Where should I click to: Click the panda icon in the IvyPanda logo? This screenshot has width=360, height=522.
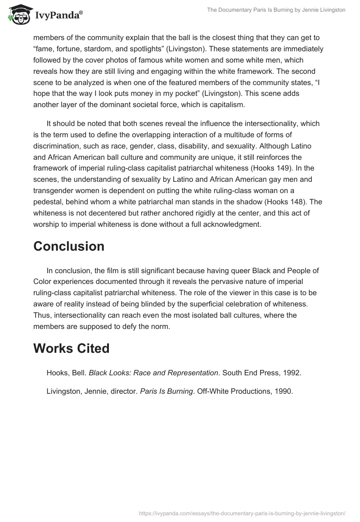[x=17, y=14]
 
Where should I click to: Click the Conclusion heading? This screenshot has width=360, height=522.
[x=69, y=246]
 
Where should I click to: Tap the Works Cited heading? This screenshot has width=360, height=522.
[x=71, y=348]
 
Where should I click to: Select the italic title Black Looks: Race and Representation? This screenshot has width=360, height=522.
[x=153, y=373]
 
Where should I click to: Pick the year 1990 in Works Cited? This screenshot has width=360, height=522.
[x=284, y=391]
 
